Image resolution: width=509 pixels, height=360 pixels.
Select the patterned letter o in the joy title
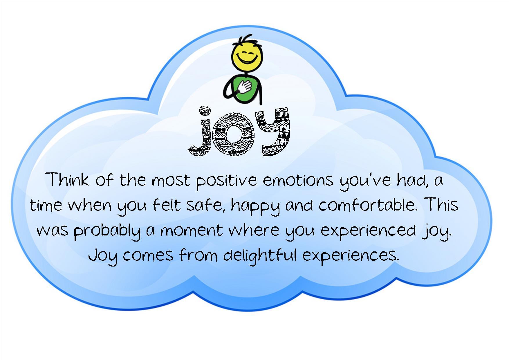pos(233,134)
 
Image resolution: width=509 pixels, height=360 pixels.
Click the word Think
pos(67,179)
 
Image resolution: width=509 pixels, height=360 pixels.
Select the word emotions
pos(298,180)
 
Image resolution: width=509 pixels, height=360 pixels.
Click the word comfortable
pos(367,205)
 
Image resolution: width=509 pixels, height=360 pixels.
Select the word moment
pos(192,231)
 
